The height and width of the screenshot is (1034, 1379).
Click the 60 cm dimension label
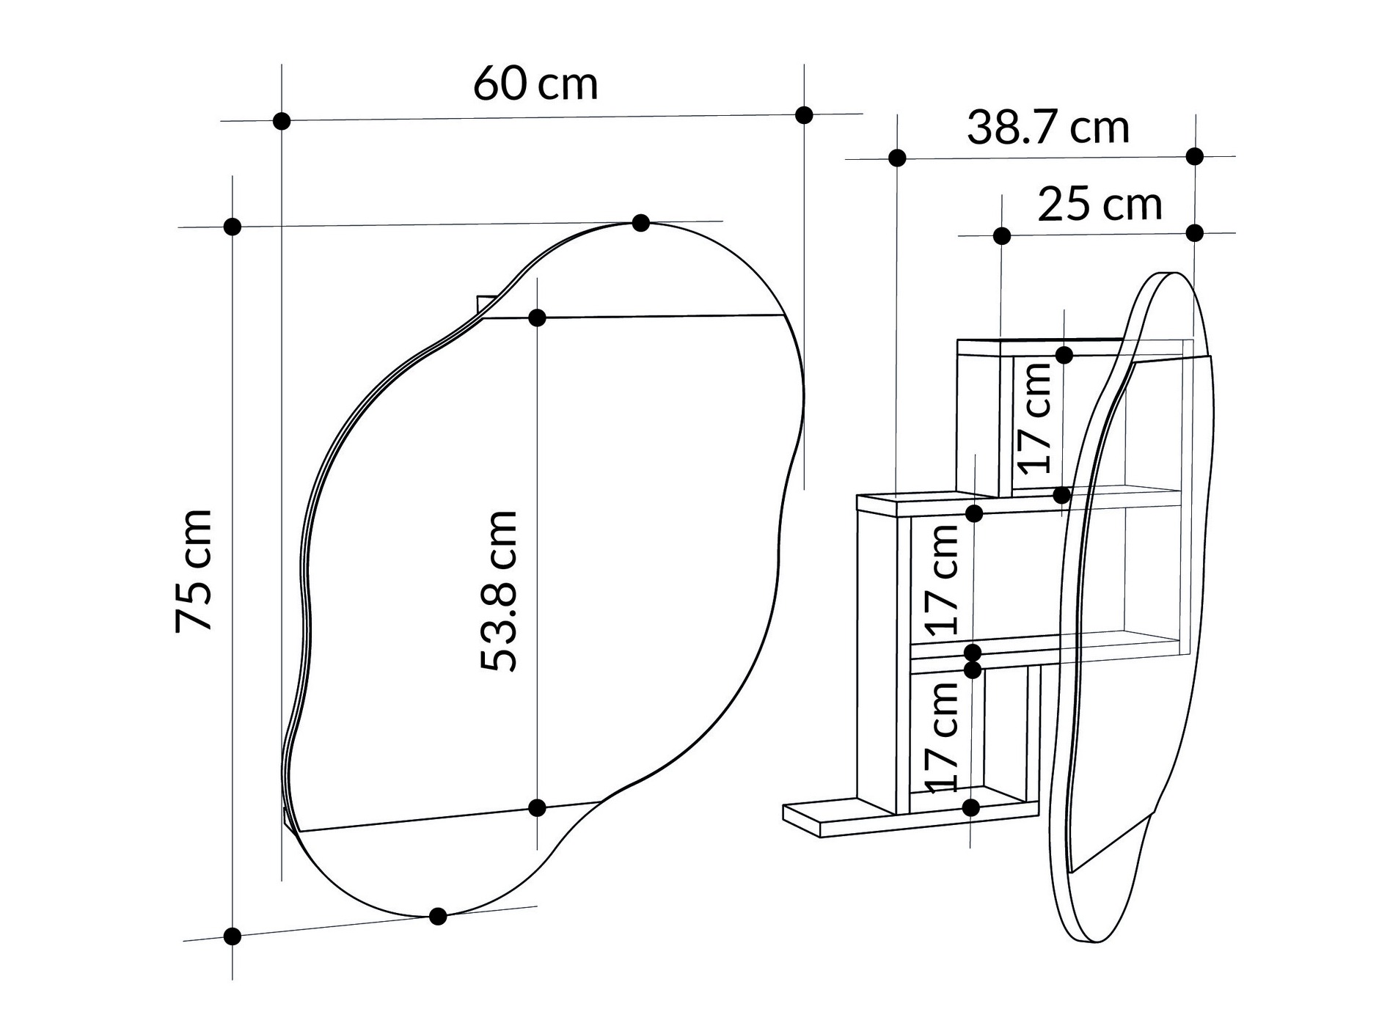[535, 84]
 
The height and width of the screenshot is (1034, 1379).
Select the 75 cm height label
[194, 571]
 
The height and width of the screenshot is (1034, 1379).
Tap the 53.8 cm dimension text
[500, 591]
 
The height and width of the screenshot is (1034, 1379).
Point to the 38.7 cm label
[1047, 128]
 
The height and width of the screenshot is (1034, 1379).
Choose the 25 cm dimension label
[1099, 205]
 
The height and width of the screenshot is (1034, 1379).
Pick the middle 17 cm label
[942, 580]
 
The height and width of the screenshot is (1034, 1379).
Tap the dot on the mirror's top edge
[640, 222]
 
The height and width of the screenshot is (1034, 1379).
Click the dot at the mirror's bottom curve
[437, 916]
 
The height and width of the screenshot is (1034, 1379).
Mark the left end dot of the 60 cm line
[281, 121]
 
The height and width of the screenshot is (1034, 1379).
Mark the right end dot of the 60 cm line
[804, 114]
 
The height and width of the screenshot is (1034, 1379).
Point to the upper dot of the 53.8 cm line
[537, 318]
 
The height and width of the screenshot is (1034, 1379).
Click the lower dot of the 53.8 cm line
[537, 807]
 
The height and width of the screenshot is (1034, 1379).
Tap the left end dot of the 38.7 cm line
[896, 158]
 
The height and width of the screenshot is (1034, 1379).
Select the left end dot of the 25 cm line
[1001, 235]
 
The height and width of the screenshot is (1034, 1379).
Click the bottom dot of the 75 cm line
[232, 936]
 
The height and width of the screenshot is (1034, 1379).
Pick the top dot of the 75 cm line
[232, 227]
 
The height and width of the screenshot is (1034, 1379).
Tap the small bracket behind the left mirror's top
[486, 304]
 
